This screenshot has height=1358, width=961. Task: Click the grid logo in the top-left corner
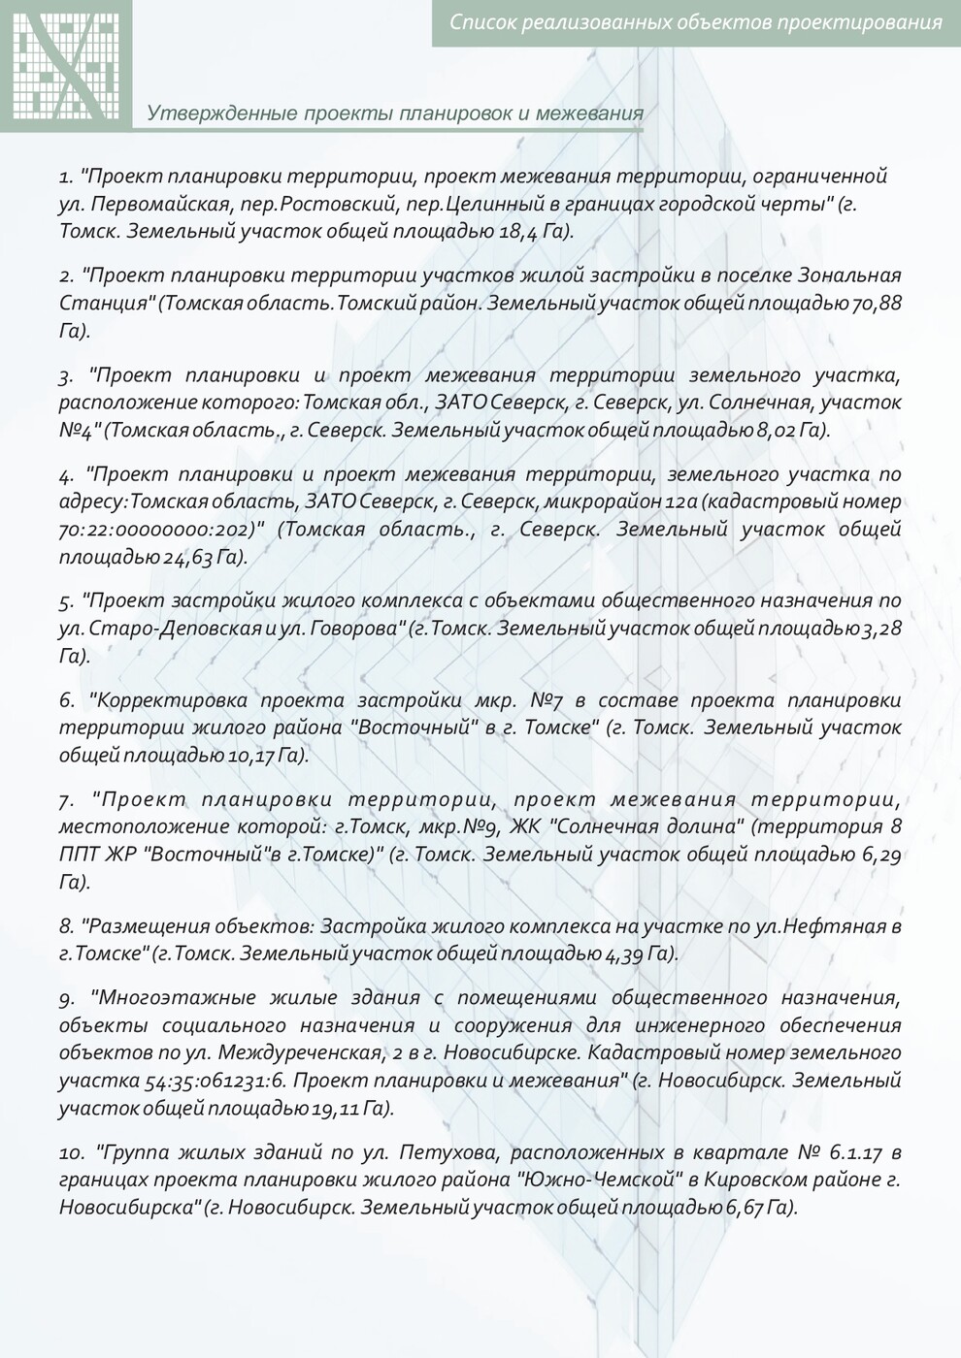point(66,63)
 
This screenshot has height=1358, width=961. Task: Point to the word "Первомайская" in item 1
point(175,204)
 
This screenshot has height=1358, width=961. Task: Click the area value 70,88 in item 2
point(877,303)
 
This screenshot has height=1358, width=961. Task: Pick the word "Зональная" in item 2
point(851,275)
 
